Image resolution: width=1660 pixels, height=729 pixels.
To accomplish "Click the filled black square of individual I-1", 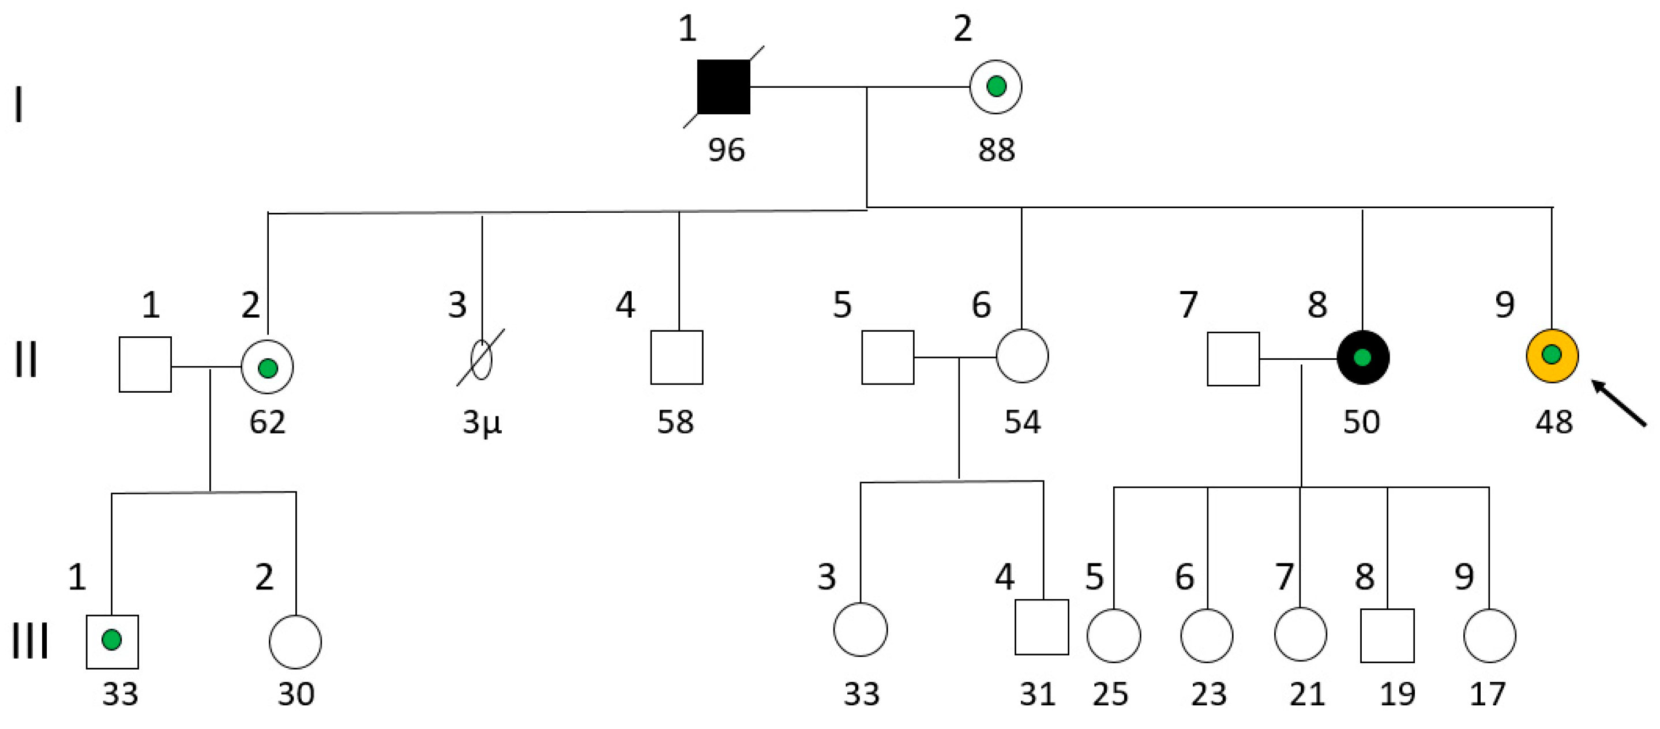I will (723, 87).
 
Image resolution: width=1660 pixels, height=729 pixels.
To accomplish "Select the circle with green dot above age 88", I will (996, 87).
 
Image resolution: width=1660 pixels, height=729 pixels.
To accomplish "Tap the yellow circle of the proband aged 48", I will (1552, 355).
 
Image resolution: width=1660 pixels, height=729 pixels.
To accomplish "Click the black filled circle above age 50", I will (1362, 357).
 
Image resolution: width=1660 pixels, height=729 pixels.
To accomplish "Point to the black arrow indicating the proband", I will (1618, 403).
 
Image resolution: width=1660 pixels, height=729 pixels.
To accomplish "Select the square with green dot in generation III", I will (112, 641).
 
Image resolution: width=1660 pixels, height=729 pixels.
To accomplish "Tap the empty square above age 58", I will (676, 357).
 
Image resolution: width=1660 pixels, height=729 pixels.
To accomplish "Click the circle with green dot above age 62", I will (268, 367).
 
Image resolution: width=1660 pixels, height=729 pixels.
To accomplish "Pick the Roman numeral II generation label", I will (26, 359).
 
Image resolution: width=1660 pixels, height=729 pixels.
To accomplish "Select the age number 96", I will (726, 149).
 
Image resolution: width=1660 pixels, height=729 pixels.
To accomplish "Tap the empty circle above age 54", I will (1022, 356).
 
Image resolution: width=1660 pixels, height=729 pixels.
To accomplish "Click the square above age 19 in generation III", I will (1387, 635).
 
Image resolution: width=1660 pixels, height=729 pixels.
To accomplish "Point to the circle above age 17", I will (1489, 635).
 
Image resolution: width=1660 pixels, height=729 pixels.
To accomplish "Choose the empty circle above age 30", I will (295, 641).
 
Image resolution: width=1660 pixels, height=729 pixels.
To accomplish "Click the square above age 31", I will (1041, 626).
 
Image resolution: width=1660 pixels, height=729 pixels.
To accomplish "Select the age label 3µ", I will (482, 422).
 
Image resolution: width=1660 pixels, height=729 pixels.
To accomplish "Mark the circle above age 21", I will (1301, 634).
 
